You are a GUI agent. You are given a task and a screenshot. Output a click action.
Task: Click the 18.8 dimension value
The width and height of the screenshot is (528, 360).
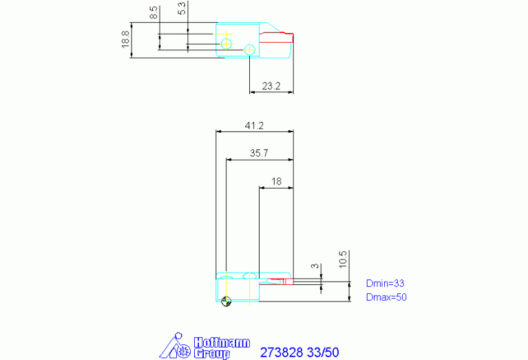[x=125, y=39]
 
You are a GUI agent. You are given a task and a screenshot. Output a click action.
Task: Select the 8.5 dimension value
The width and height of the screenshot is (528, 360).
[x=154, y=12]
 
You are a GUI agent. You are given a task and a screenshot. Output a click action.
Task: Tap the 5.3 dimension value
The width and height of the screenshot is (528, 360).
[x=181, y=8]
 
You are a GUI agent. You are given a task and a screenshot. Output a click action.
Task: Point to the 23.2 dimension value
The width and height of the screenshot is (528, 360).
[x=271, y=86]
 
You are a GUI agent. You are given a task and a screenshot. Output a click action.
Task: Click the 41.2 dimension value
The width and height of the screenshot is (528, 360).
[x=254, y=125]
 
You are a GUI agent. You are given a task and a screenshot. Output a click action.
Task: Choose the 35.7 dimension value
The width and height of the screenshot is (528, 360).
[x=259, y=153]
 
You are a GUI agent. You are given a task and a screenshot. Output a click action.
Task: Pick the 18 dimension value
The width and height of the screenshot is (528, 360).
[x=276, y=182]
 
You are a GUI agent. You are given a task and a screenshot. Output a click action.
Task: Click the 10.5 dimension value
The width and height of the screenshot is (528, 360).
[x=342, y=260]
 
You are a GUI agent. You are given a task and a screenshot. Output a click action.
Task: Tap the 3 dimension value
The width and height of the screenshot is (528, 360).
[x=315, y=266]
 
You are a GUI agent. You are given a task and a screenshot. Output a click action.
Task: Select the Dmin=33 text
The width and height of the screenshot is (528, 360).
[x=386, y=283]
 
